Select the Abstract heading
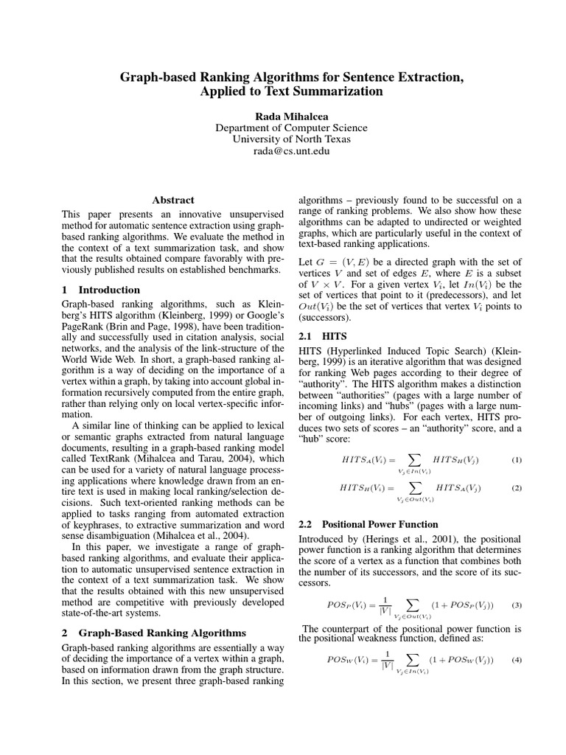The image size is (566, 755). (x=173, y=200)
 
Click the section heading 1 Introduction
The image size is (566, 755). (x=100, y=290)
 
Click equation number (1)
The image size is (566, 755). (x=517, y=460)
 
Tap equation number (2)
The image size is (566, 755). (x=517, y=488)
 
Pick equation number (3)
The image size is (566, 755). (x=517, y=605)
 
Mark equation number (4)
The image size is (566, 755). (x=517, y=660)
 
